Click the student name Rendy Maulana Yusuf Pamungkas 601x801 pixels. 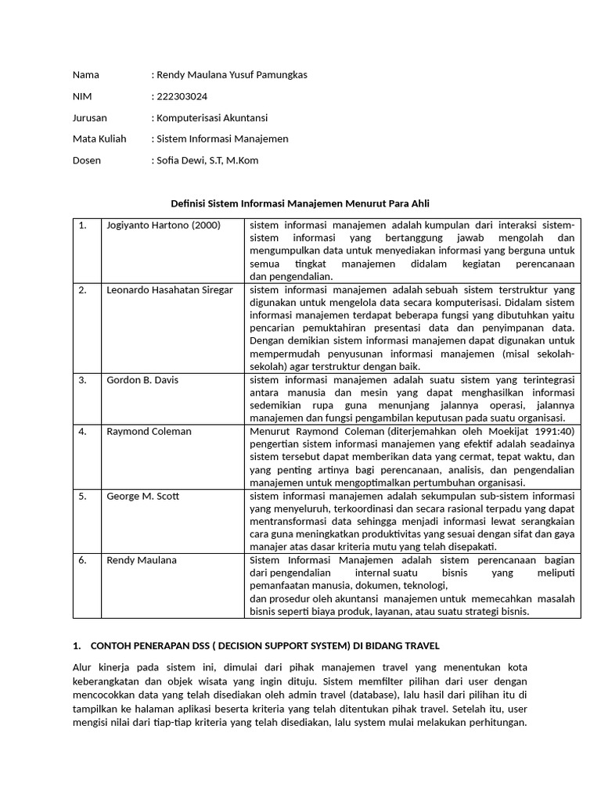tap(231, 75)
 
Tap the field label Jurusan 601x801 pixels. tap(90, 117)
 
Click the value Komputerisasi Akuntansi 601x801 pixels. tap(211, 117)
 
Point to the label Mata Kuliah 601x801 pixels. tap(98, 138)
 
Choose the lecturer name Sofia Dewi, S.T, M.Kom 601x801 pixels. tap(207, 160)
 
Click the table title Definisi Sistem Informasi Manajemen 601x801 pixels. tap(300, 203)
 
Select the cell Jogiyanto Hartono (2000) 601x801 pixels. tap(164, 225)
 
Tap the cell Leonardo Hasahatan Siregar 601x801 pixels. tap(170, 290)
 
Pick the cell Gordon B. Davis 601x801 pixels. tap(142, 380)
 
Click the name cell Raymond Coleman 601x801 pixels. tap(149, 431)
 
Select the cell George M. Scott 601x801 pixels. tap(143, 495)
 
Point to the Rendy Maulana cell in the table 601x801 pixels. tap(142, 560)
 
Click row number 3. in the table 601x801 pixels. tap(82, 380)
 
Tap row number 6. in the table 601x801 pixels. tap(82, 560)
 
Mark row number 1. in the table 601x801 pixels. tap(82, 225)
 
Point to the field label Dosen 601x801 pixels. tap(87, 160)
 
